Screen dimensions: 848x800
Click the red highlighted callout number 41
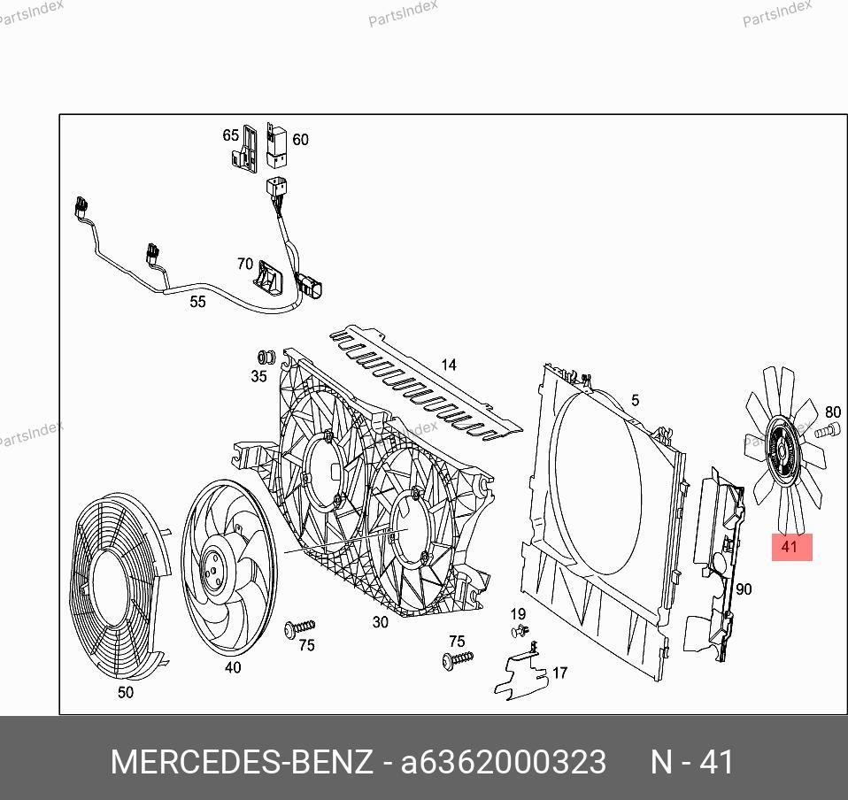[x=791, y=547]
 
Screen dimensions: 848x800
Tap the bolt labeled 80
[x=828, y=431]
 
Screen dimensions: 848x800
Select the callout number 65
[x=231, y=135]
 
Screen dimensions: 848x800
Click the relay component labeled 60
[x=277, y=146]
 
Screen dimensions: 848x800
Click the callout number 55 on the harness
[x=198, y=302]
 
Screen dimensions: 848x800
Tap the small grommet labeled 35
[x=266, y=358]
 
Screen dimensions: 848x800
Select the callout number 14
[x=449, y=365]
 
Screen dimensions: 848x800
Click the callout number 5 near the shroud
[x=635, y=400]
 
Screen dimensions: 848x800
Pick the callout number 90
[x=744, y=588]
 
